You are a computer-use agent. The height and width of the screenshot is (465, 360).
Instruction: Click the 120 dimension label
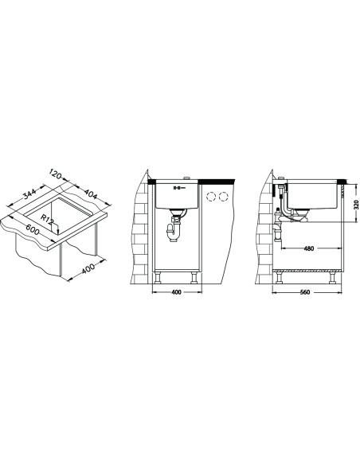[56, 174]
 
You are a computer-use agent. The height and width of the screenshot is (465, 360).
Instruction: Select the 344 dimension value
[29, 193]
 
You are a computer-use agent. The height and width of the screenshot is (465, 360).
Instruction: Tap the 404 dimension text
[91, 193]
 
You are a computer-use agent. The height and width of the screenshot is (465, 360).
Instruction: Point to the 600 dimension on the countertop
[33, 229]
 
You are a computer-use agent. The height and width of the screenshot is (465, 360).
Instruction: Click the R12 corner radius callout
[47, 220]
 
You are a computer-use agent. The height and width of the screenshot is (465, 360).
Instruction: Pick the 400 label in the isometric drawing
[88, 268]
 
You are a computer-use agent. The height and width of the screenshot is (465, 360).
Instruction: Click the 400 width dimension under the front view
[176, 292]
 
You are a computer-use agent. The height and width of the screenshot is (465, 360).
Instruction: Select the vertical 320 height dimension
[356, 205]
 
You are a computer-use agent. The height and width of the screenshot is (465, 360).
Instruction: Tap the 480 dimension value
[309, 248]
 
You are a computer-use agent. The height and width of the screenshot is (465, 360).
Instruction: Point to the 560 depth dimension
[304, 292]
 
